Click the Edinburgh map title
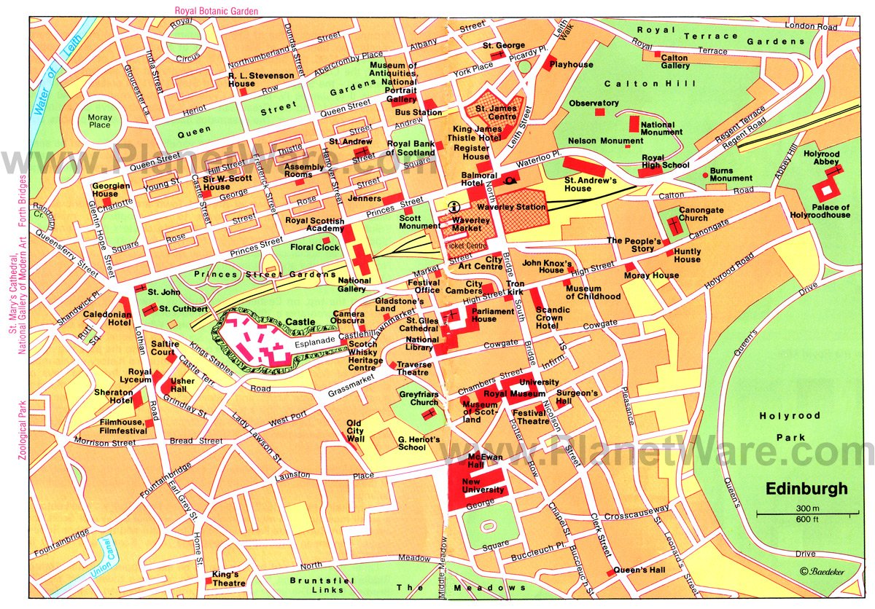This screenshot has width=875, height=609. pyautogui.click(x=806, y=489)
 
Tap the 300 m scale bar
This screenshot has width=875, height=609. pyautogui.click(x=806, y=515)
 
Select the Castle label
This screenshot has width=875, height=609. pyautogui.click(x=300, y=321)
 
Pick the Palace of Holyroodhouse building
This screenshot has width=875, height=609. pyautogui.click(x=827, y=192)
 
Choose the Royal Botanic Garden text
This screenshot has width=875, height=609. pyautogui.click(x=216, y=10)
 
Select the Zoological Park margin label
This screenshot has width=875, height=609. pyautogui.click(x=22, y=430)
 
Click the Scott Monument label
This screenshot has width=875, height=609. pyautogui.click(x=420, y=222)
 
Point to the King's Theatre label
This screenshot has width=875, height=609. pyautogui.click(x=230, y=578)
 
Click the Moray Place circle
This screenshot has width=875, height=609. pyautogui.click(x=99, y=120)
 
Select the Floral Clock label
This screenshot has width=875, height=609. pyautogui.click(x=315, y=248)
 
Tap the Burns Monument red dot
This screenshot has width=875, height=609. pyautogui.click(x=703, y=172)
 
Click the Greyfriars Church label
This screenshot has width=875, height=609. pyautogui.click(x=419, y=398)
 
